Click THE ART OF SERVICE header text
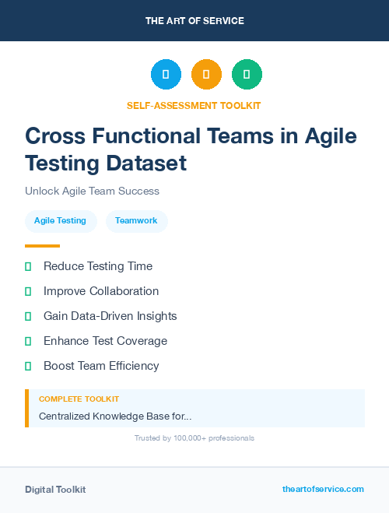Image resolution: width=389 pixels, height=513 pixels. click(194, 21)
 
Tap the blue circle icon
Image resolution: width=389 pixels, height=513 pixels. click(166, 75)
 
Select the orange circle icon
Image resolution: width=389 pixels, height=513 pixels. click(206, 75)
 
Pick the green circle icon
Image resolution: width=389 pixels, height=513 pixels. click(247, 75)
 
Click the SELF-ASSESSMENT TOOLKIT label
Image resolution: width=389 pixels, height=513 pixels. click(194, 105)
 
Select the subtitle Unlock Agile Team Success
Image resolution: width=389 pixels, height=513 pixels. click(92, 191)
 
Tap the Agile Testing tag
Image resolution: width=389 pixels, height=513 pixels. click(60, 221)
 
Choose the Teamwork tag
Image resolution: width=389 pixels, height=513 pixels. click(136, 221)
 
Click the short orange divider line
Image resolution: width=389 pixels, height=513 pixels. click(42, 246)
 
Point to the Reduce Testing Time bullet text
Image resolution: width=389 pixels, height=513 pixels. click(98, 266)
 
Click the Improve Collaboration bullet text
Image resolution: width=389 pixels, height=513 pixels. click(101, 291)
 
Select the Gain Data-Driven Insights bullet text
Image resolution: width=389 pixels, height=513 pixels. click(110, 316)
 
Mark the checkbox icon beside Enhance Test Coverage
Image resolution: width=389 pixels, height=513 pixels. click(28, 341)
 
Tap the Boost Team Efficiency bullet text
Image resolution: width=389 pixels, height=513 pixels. click(101, 366)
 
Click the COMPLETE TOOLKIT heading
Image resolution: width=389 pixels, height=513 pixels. click(79, 399)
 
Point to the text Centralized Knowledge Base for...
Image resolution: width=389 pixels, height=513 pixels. click(115, 416)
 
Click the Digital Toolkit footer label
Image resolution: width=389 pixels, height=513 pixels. click(55, 490)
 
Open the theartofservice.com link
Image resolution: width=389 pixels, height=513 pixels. click(323, 489)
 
